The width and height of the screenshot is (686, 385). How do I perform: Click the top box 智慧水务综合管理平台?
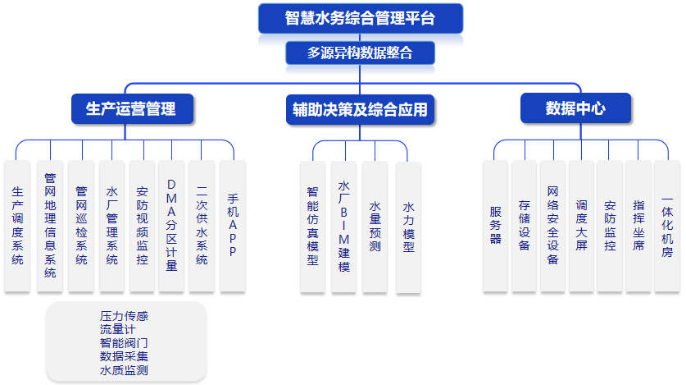360,18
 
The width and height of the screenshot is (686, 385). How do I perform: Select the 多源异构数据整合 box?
360,53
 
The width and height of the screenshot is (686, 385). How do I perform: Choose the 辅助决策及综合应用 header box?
360,108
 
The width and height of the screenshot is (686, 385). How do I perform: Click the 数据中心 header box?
575,108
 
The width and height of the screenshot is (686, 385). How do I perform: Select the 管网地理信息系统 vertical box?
50,225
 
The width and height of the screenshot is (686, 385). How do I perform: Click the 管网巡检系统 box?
81,225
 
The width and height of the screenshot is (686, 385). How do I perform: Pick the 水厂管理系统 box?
112,225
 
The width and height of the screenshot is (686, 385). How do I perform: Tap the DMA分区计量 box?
171,225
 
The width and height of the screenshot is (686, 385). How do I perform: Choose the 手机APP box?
233,225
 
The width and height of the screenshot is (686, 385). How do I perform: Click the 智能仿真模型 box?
312,226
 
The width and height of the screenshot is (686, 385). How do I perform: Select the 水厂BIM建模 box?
344,226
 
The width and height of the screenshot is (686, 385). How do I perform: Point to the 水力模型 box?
408,226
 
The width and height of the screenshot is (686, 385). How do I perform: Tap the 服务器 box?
495,225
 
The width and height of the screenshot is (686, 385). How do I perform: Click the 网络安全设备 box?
552,225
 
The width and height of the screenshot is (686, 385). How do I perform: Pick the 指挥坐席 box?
638,225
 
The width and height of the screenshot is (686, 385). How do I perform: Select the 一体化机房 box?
667,225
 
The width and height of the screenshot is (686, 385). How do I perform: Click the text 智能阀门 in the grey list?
124,343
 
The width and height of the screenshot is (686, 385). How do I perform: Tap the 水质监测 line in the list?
124,371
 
